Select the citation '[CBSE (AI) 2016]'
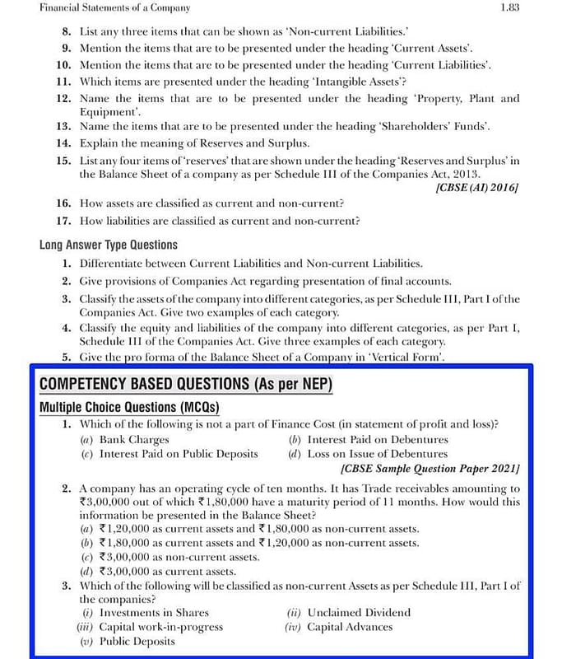(x=478, y=187)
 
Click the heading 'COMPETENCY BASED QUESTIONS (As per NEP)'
(x=186, y=385)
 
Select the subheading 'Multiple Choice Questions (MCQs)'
(x=130, y=408)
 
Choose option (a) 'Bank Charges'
(x=133, y=440)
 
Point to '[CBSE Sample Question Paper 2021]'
(x=430, y=469)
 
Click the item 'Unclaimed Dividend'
(x=358, y=613)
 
